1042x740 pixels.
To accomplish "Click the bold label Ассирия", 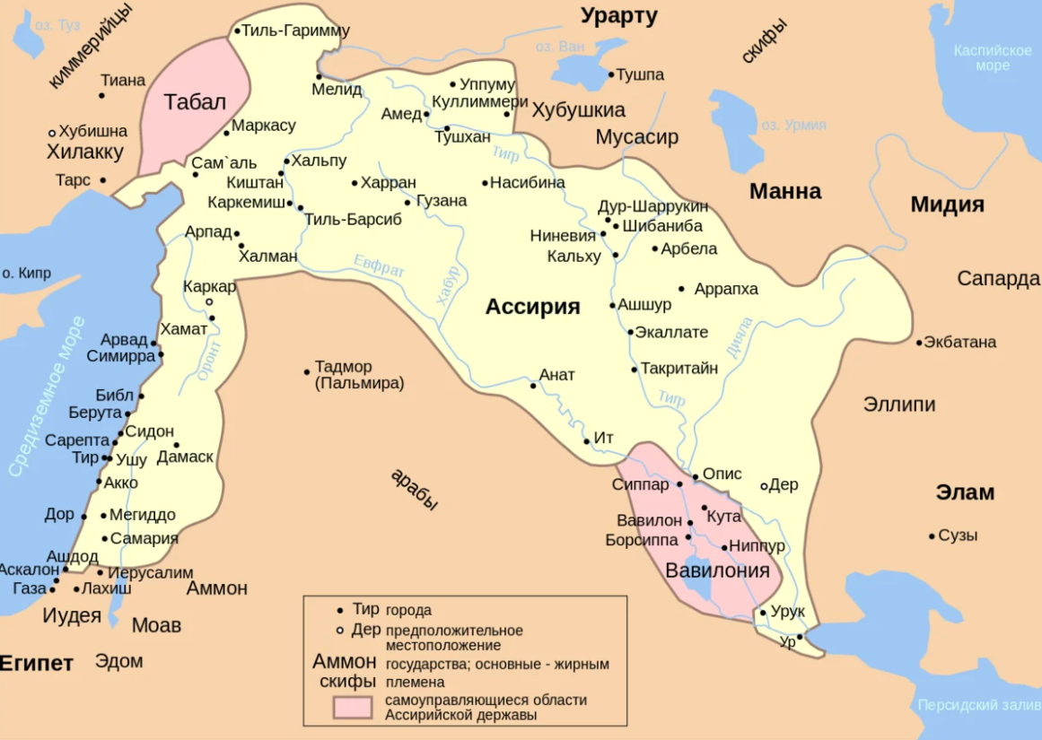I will coord(532,307).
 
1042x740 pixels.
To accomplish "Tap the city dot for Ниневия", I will coord(603,234).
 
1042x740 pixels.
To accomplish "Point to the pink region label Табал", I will coord(194,101).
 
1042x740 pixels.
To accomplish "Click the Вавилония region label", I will coord(717,570).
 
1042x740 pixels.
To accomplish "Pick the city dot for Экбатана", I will coord(919,343).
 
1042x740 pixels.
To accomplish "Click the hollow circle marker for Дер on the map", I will coord(764,486).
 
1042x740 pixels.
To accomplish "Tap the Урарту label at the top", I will coord(618,15).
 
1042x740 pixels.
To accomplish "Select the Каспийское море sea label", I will coord(993,58).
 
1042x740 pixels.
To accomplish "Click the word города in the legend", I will coord(408,611).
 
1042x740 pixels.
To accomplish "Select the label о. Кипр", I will coord(26,273).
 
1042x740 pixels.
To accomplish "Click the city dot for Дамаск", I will coord(176,445).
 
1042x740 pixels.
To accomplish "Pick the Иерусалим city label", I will coord(150,572).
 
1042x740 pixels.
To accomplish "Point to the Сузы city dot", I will coord(932,536).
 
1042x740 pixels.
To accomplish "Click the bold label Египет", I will coord(36,664).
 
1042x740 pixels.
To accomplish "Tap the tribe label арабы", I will coord(415,490).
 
